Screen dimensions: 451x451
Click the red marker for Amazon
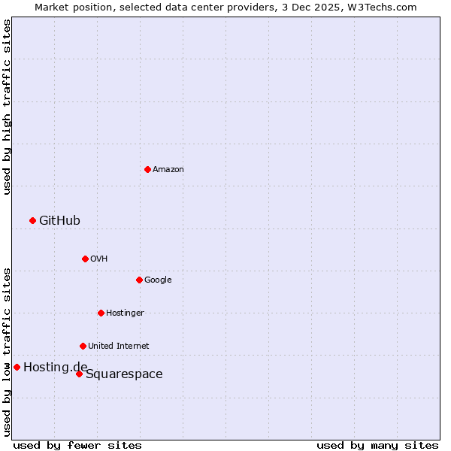(x=147, y=169)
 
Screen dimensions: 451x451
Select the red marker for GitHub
(x=32, y=220)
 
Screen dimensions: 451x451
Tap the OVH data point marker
(x=85, y=259)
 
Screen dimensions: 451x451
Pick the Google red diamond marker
(x=139, y=280)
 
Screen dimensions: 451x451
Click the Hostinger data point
(x=101, y=313)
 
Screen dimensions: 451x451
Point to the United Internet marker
(x=83, y=346)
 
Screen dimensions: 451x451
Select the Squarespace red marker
(x=79, y=374)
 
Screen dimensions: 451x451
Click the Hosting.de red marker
(x=17, y=367)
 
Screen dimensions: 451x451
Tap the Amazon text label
(x=168, y=170)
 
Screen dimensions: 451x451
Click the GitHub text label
(x=59, y=220)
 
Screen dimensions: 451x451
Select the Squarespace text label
(x=124, y=374)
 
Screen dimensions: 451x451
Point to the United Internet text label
(x=118, y=347)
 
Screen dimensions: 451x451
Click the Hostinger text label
(x=125, y=313)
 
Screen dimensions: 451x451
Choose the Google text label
(x=158, y=280)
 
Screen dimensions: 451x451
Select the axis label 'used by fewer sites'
(x=77, y=445)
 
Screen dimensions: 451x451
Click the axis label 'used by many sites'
(x=377, y=445)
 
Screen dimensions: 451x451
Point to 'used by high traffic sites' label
(x=7, y=107)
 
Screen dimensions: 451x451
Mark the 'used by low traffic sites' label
(x=7, y=351)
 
